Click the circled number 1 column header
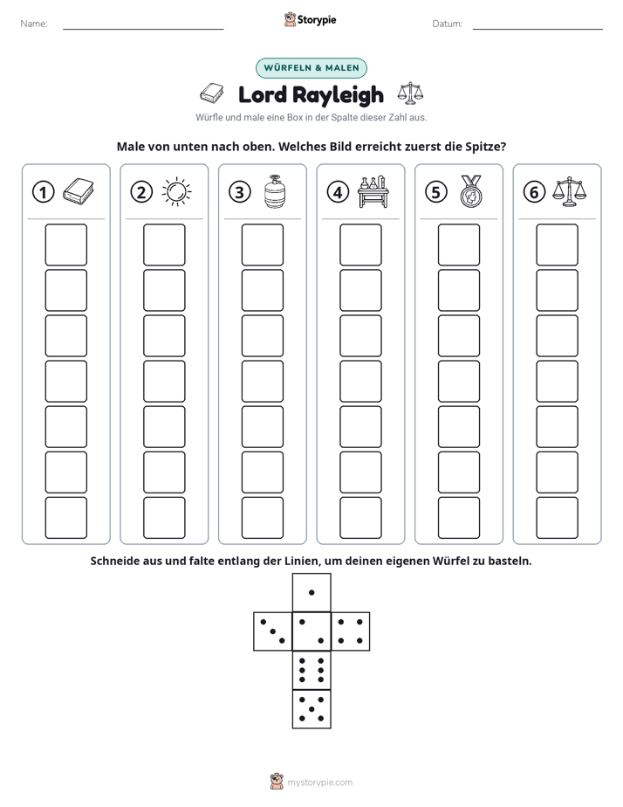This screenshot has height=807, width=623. coord(43,192)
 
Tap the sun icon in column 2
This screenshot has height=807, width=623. coord(176,192)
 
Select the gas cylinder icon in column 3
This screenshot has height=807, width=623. coord(275,191)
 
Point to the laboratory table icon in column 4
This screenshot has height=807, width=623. coord(373,192)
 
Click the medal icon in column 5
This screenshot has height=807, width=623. coord(471,191)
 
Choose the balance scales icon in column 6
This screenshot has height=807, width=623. coord(570,192)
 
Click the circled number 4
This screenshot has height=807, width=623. coord(338,192)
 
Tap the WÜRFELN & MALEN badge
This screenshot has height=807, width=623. coord(311,68)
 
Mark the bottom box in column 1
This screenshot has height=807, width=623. coord(65,518)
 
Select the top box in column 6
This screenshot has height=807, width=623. coord(558,245)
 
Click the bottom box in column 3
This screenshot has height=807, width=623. coord(262,518)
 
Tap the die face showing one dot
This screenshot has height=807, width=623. coord(311,593)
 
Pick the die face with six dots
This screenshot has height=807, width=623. coord(311,670)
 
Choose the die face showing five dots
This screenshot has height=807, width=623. coord(311,708)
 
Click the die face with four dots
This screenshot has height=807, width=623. coord(351,631)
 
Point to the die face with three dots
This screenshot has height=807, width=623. coord(273,631)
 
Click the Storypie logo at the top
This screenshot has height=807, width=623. coord(310,20)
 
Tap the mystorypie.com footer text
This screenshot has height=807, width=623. coord(319,783)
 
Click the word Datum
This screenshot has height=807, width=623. coord(447,24)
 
